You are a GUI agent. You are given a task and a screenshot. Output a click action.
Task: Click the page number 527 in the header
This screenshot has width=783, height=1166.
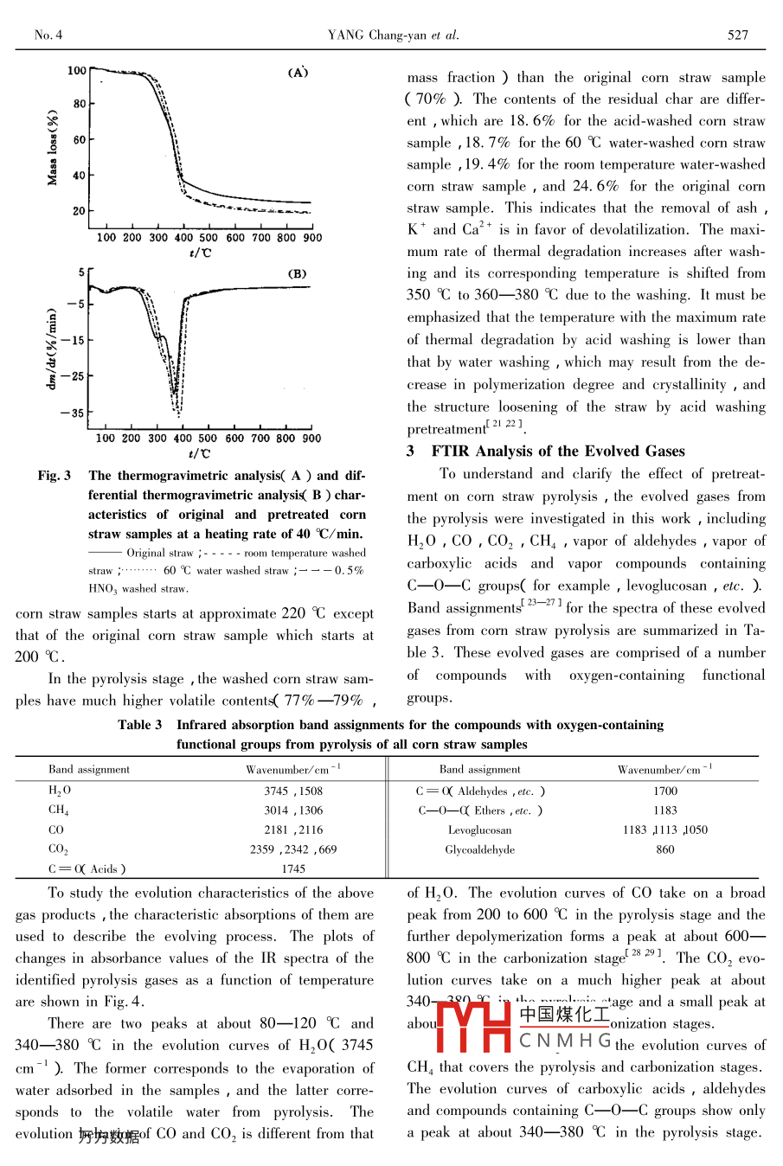(x=737, y=35)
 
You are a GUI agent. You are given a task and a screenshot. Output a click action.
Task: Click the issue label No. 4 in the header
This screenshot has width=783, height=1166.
(x=48, y=35)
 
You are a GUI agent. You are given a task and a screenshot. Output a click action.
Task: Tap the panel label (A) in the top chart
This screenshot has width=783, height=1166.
(x=298, y=73)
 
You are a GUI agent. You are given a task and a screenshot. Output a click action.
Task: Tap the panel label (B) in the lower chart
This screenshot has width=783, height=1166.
(x=297, y=274)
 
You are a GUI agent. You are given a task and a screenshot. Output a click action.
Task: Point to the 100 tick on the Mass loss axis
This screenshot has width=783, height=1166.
(x=77, y=71)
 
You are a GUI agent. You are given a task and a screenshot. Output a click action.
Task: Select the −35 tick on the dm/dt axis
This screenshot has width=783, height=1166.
(x=72, y=413)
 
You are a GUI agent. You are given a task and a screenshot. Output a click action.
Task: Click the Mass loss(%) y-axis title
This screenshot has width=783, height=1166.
(x=53, y=147)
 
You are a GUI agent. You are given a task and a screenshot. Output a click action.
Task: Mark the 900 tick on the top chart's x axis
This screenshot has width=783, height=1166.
(x=312, y=237)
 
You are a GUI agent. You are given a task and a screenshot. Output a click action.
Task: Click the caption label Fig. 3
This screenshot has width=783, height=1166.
(x=55, y=475)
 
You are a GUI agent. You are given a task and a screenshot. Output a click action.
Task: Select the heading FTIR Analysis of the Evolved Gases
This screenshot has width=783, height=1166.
(x=557, y=451)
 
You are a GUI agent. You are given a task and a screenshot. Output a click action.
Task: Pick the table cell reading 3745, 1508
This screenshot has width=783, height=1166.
(x=293, y=791)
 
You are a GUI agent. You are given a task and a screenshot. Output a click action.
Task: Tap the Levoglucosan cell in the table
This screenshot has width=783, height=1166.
(x=479, y=830)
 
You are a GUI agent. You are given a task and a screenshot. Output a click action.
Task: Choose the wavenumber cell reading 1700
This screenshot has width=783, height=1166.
(x=664, y=791)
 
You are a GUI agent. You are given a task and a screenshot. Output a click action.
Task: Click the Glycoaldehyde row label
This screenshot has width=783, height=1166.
(x=479, y=849)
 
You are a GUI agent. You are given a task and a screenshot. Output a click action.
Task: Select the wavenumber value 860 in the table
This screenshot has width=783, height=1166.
(x=664, y=849)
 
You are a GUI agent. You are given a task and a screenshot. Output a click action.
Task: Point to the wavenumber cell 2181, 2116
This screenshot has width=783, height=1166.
(x=293, y=830)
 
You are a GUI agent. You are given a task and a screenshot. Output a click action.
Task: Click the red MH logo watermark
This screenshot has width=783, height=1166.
(x=473, y=1025)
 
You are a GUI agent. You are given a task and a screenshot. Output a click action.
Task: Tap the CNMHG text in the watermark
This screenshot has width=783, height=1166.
(x=565, y=1041)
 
